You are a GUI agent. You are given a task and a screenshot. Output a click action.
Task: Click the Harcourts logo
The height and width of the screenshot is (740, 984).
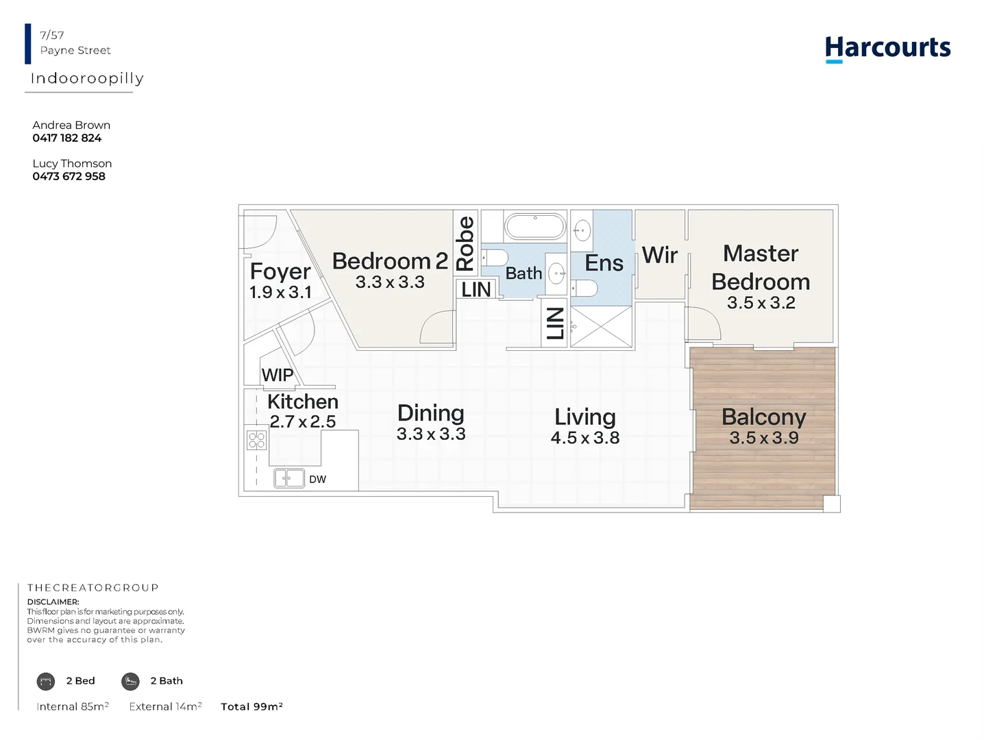tap(887, 49)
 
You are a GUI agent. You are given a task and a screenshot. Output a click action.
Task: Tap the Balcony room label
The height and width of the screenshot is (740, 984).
tap(763, 417)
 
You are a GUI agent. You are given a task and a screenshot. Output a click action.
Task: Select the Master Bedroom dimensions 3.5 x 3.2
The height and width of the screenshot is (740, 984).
tap(761, 303)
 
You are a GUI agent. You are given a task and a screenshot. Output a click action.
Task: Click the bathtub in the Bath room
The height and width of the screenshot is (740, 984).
tap(534, 227)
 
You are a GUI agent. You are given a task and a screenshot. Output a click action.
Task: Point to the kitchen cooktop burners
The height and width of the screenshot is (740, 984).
tap(256, 440)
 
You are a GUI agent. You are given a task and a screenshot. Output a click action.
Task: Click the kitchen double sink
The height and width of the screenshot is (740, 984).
tap(289, 478)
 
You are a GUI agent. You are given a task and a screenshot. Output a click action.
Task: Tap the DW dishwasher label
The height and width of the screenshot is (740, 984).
tap(317, 479)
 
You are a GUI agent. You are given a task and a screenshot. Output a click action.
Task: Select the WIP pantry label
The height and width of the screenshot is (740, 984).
tap(278, 375)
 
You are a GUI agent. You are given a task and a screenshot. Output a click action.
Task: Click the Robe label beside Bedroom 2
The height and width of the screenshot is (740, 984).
tap(465, 243)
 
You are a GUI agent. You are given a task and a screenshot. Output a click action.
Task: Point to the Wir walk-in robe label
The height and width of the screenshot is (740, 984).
tap(659, 255)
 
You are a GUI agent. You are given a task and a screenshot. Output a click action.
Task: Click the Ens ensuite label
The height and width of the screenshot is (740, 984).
tap(604, 262)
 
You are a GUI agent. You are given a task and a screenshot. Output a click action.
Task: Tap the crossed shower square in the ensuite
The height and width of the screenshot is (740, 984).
tap(601, 326)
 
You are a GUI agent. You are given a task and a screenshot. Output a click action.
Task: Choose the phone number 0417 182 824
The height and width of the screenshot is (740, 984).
tap(66, 138)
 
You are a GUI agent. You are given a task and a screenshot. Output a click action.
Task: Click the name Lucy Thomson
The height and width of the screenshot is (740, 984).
tap(72, 163)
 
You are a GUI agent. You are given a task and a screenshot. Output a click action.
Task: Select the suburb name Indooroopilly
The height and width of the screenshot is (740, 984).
tap(87, 78)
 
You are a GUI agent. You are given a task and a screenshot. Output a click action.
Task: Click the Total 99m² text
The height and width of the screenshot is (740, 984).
tap(251, 706)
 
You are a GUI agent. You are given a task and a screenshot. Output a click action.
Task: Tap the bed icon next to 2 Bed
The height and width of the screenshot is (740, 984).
tap(46, 681)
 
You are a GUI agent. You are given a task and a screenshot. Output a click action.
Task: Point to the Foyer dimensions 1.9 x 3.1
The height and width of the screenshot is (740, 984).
tap(280, 293)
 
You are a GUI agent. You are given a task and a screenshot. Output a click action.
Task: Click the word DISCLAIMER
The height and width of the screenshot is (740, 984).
tap(53, 602)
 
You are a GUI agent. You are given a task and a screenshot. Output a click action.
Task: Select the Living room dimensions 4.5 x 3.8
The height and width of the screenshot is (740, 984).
tap(585, 437)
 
